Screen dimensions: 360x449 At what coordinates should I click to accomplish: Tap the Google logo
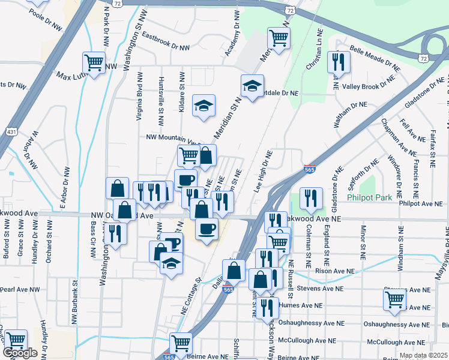coord(20,353)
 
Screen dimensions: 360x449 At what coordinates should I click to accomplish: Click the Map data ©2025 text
coord(423,355)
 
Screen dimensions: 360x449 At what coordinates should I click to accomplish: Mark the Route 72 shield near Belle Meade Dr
coord(424,58)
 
